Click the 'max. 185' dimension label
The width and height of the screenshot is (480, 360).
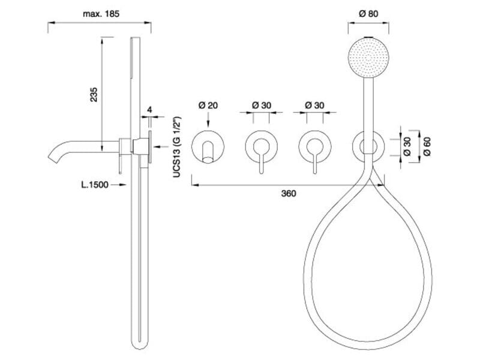(99, 13)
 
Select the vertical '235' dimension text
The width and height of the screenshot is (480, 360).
(94, 94)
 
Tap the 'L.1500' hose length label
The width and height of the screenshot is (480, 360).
(94, 185)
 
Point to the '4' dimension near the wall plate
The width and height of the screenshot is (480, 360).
(149, 110)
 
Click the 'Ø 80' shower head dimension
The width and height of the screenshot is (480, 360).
(368, 14)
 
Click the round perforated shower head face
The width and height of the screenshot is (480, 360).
(368, 58)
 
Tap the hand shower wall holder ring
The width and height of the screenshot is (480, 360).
(368, 145)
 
